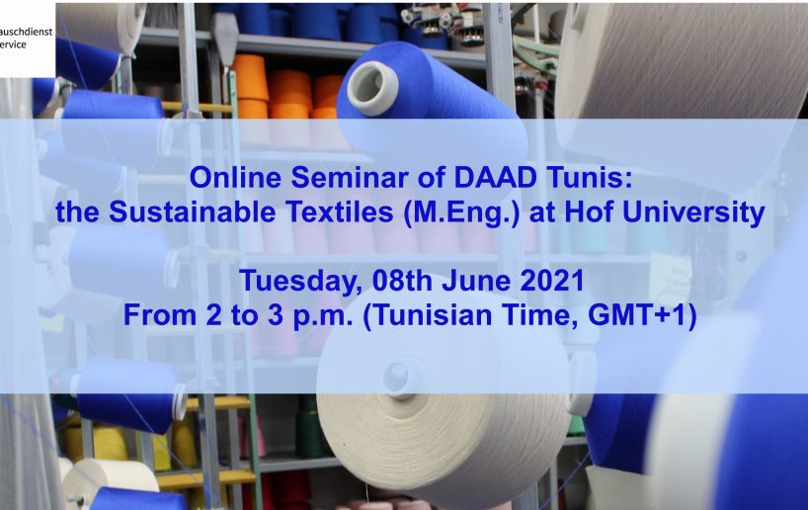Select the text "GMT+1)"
pyautogui.click(x=642, y=315)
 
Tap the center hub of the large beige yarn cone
pyautogui.click(x=397, y=376)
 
